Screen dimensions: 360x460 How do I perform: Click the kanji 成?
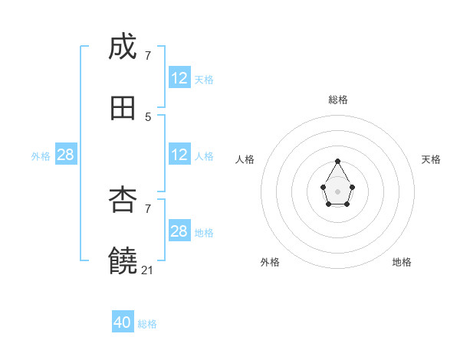click(x=123, y=47)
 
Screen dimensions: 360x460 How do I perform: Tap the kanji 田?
click(x=123, y=108)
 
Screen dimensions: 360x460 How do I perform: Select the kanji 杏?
click(x=123, y=200)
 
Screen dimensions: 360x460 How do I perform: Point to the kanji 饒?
click(x=123, y=260)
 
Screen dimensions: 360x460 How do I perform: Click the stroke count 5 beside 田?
click(x=148, y=116)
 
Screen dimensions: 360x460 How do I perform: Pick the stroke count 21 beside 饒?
click(x=148, y=270)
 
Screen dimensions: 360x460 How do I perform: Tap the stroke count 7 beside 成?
click(x=148, y=55)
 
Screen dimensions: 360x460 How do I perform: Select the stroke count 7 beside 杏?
click(x=148, y=208)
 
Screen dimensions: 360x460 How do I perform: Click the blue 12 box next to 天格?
click(x=179, y=78)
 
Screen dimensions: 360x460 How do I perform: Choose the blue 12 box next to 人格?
click(x=179, y=155)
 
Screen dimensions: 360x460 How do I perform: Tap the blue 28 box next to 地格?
click(x=179, y=231)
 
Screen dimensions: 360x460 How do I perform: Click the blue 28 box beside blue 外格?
click(x=66, y=155)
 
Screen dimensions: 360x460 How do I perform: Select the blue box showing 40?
click(x=123, y=322)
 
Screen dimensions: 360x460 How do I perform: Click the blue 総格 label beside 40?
click(x=147, y=324)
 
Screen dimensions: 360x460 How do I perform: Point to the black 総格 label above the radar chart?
click(x=338, y=100)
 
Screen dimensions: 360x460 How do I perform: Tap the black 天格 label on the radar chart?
click(x=431, y=159)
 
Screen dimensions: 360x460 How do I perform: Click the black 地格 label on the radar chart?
click(x=402, y=262)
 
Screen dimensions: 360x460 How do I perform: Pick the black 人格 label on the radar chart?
click(x=245, y=159)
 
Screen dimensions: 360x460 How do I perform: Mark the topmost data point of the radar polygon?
click(x=338, y=162)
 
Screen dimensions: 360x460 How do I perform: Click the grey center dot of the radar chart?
click(x=338, y=191)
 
